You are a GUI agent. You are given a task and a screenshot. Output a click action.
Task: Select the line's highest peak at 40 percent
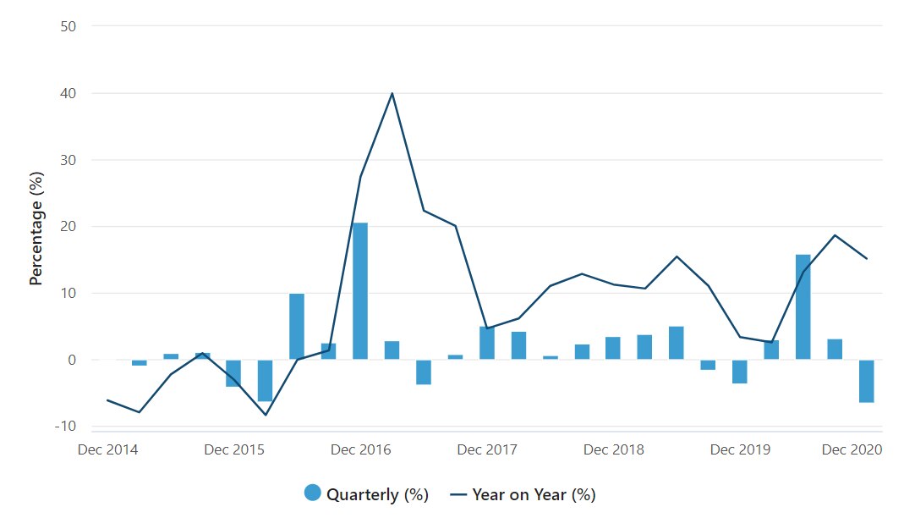tap(392, 93)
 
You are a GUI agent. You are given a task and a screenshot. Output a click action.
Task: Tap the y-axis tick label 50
tap(68, 26)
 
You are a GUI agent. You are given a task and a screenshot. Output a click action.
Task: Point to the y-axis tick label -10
tap(65, 426)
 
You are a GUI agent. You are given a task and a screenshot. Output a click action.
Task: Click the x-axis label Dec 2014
tap(107, 449)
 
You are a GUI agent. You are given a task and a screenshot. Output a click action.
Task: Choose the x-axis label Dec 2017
tap(487, 449)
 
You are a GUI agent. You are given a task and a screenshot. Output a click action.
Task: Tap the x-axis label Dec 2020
tap(852, 449)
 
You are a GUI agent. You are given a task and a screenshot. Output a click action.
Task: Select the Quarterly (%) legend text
tap(377, 494)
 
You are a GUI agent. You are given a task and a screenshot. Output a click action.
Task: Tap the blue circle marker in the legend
tap(313, 493)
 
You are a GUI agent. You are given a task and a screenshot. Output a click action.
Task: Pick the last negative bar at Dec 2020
tap(866, 381)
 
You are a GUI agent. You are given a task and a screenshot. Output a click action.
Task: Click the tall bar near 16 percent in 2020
tap(803, 306)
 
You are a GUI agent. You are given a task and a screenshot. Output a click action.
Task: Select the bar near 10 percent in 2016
tap(297, 326)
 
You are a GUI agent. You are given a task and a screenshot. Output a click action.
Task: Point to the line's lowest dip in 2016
tap(266, 415)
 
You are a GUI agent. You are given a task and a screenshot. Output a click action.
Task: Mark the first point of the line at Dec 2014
tap(107, 400)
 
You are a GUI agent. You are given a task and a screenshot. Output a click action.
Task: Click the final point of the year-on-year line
tap(867, 258)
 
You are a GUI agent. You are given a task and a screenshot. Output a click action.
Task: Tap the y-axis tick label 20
tap(68, 226)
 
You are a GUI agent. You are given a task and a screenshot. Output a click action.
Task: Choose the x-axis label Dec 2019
tap(740, 449)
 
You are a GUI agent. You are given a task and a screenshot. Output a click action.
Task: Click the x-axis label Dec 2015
tap(234, 449)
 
